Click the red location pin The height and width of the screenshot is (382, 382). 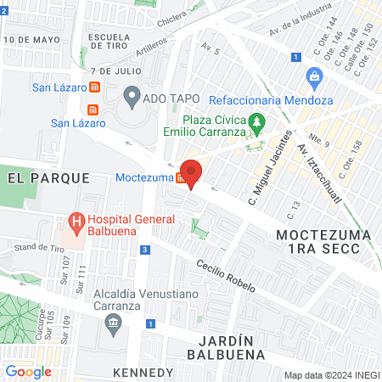pyautogui.click(x=191, y=174)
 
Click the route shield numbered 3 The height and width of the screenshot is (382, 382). pyautogui.click(x=146, y=250)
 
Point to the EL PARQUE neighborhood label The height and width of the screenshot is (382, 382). pyautogui.click(x=48, y=177)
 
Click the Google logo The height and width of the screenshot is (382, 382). pyautogui.click(x=28, y=371)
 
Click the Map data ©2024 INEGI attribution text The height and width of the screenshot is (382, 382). pyautogui.click(x=331, y=375)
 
